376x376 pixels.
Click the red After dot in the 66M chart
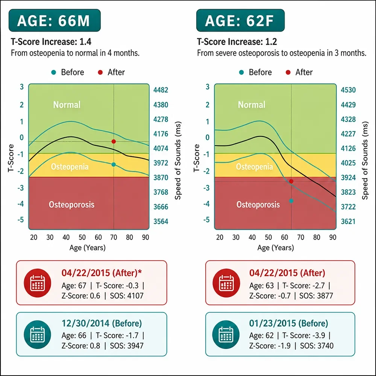click(x=114, y=141)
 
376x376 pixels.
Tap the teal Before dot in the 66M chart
click(x=114, y=165)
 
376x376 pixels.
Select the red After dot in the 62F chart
click(x=291, y=181)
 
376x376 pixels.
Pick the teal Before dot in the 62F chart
click(x=291, y=201)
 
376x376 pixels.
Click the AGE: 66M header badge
click(x=55, y=20)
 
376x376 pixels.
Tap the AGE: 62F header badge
click(x=240, y=20)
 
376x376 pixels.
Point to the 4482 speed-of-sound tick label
click(x=161, y=90)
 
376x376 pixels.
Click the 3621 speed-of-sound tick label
click(x=348, y=221)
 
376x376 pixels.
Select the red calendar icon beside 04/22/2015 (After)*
click(x=37, y=283)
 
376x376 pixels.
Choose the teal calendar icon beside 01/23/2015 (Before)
click(x=226, y=335)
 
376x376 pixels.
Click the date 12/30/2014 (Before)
click(x=102, y=323)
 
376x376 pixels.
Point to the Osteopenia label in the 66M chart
click(x=70, y=167)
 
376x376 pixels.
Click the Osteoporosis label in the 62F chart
click(x=258, y=205)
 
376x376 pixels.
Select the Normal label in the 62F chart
click(x=252, y=105)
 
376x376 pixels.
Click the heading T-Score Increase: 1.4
click(x=51, y=42)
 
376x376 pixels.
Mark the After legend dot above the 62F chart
click(x=288, y=72)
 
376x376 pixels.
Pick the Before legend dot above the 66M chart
click(x=54, y=72)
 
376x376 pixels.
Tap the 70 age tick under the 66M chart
click(x=114, y=237)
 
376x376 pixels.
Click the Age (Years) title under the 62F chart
click(x=276, y=248)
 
